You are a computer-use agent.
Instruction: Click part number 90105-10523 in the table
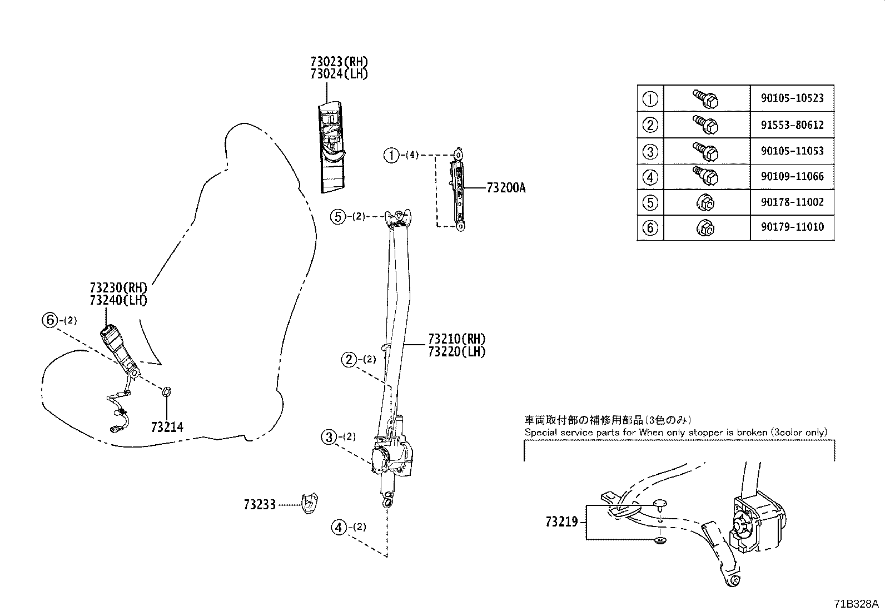click(792, 98)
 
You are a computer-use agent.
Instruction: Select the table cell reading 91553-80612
click(792, 125)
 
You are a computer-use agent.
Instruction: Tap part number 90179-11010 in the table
click(792, 227)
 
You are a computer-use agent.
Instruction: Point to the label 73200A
click(505, 188)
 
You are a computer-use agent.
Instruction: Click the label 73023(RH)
click(339, 62)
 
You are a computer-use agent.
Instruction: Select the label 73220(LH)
click(456, 351)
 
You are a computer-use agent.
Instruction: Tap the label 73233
click(259, 505)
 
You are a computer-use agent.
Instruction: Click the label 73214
click(167, 427)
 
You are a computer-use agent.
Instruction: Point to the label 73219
click(561, 522)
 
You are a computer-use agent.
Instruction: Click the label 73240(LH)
click(118, 300)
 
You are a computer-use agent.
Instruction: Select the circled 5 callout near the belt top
click(337, 216)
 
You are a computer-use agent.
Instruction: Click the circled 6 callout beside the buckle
click(50, 320)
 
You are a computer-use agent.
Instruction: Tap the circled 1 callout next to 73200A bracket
click(391, 155)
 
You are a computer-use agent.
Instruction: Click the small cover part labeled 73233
click(309, 503)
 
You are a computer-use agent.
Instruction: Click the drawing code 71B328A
click(855, 604)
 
